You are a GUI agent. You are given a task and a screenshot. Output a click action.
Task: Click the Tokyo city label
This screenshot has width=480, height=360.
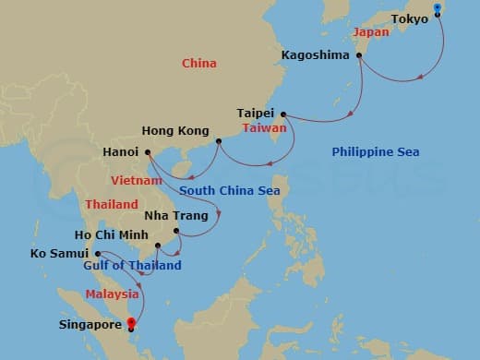click(409, 18)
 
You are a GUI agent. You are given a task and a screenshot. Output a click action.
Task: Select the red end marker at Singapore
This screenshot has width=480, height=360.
click(131, 323)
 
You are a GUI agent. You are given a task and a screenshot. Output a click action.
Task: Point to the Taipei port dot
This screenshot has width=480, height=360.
click(282, 114)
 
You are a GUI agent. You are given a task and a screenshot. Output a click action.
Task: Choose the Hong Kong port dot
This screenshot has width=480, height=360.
click(219, 142)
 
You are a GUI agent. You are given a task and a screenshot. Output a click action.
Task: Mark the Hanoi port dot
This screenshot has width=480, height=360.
click(148, 152)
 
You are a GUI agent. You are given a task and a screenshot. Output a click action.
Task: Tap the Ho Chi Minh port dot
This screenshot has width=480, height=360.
click(159, 246)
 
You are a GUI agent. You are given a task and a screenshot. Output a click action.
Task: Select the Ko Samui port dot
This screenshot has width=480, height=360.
click(97, 253)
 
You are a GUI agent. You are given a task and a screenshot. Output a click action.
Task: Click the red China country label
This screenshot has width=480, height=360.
click(199, 64)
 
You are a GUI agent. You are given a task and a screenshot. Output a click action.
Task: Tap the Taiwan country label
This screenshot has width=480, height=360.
click(265, 128)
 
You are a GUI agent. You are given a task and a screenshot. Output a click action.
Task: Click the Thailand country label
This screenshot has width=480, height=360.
click(112, 204)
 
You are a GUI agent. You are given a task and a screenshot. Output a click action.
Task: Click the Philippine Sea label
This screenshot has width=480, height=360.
click(369, 151)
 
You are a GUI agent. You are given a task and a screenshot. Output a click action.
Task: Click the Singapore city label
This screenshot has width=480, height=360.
click(90, 325)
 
